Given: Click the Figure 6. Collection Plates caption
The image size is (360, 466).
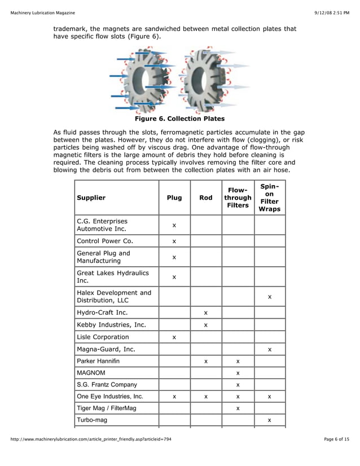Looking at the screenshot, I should click(x=179, y=119).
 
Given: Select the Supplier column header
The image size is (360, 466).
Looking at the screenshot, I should click(x=91, y=198).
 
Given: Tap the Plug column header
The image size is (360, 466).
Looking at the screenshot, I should click(x=174, y=198).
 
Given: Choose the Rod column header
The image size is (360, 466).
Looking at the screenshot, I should click(x=206, y=198).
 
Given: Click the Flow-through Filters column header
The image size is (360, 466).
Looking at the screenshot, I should click(x=238, y=198).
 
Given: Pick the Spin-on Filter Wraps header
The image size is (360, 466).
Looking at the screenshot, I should click(x=269, y=197).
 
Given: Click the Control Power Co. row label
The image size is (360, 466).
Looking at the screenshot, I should click(x=103, y=241).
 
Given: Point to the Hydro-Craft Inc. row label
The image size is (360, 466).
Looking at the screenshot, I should click(x=102, y=312).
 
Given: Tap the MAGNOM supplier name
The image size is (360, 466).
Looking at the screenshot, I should click(x=91, y=373).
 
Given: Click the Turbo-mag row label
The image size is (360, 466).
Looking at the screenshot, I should click(x=92, y=420).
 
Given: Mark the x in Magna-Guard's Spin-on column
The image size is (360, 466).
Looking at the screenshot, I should click(x=270, y=350).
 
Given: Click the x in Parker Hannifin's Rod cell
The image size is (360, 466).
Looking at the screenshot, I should click(x=206, y=361).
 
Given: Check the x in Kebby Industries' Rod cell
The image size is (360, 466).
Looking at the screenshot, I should click(x=206, y=325).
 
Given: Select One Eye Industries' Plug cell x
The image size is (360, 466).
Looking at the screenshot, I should click(x=174, y=397).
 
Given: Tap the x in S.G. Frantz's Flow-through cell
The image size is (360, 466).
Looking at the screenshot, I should click(x=238, y=385).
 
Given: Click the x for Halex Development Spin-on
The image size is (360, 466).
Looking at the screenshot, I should click(x=270, y=296).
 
